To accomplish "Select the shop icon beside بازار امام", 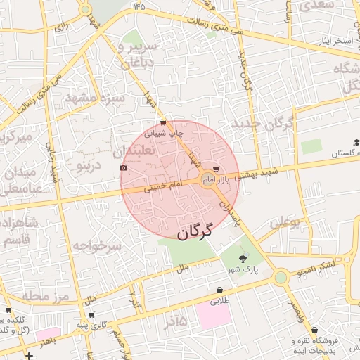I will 215,169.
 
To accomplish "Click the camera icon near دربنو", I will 124,167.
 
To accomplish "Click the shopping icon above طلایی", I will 220,290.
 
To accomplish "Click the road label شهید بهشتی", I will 256,174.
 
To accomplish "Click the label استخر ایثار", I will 333,41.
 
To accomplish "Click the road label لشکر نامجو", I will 326,265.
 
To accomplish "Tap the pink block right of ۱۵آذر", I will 214,315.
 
